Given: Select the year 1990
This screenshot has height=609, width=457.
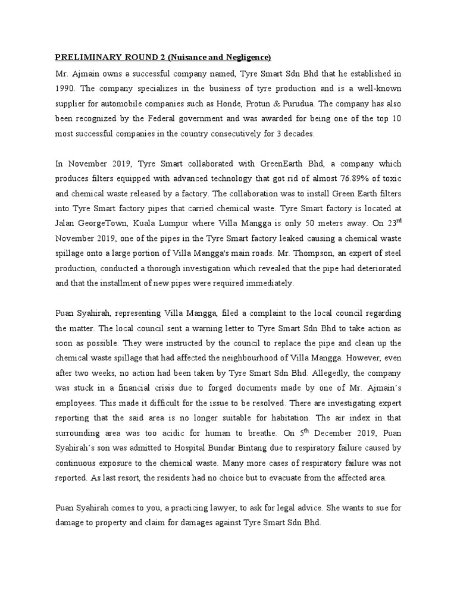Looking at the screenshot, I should coord(65,89).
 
